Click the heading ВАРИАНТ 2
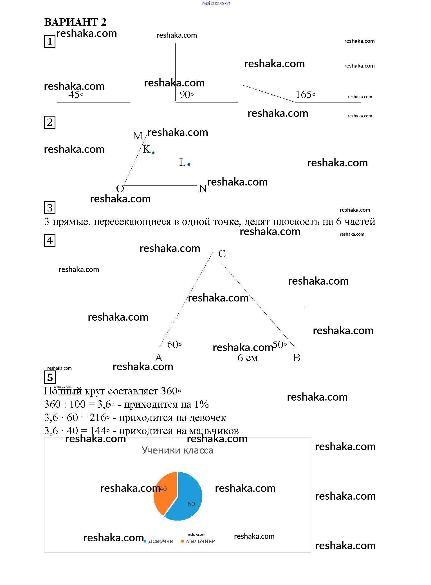pos(75,22)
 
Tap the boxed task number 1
pos(50,41)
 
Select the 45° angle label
pos(76,95)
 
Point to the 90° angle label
pos(187,95)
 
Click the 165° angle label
pos(305,95)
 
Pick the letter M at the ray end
pos(138,136)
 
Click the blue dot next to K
pos(153,153)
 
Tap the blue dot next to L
pos(189,164)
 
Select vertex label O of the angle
pos(120,188)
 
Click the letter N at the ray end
pos(203,189)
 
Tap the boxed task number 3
pos(50,208)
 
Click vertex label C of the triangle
pos(222,254)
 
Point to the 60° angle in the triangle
pos(174,344)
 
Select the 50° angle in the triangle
pos(280,344)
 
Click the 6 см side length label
pos(248,358)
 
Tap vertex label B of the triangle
pos(297,358)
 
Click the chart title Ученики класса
pos(177,450)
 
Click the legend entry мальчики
pos(201,541)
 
